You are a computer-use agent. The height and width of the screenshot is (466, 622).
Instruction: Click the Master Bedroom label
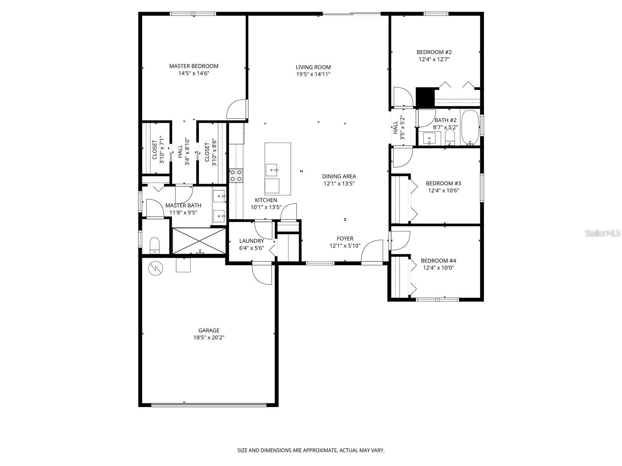tap(194, 66)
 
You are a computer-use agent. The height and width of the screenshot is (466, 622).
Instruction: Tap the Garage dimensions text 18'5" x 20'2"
tap(209, 337)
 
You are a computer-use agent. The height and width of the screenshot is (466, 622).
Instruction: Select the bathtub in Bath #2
tap(470, 128)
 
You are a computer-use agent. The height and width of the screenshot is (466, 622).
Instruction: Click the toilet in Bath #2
tap(450, 136)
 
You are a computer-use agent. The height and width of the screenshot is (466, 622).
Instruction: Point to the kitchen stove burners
tap(236, 176)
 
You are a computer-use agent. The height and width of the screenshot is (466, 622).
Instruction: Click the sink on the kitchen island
tap(272, 170)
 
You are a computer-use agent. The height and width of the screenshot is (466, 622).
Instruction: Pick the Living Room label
tap(313, 67)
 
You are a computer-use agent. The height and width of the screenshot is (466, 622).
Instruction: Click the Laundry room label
tap(252, 241)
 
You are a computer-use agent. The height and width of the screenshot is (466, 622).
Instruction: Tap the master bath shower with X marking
tap(199, 241)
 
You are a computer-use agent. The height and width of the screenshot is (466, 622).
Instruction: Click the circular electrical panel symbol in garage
tap(155, 268)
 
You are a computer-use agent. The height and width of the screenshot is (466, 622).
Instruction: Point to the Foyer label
tap(345, 238)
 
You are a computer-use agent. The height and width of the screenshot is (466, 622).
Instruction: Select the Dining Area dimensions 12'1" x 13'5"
tap(339, 184)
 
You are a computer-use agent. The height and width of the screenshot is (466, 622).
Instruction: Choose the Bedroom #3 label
tap(443, 183)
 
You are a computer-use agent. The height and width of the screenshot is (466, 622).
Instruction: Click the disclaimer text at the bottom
tap(311, 450)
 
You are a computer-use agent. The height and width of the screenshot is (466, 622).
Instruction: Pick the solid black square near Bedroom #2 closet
tap(425, 97)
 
